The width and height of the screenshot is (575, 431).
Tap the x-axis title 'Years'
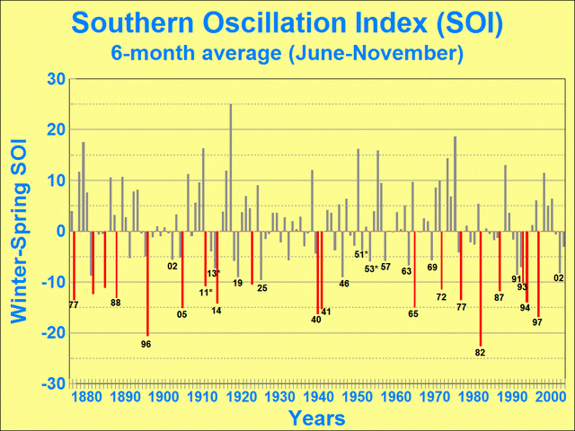click(x=316, y=418)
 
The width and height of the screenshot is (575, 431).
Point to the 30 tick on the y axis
click(x=53, y=79)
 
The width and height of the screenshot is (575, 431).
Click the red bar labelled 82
click(x=481, y=287)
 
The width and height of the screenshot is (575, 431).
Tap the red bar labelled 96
click(x=147, y=282)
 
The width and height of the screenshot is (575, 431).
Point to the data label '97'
click(x=536, y=321)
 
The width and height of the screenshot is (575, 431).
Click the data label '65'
click(x=413, y=313)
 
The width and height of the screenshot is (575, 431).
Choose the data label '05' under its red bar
click(x=181, y=313)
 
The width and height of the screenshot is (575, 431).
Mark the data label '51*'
click(x=361, y=254)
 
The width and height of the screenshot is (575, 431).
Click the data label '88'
click(x=116, y=303)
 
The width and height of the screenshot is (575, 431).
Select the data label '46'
click(x=344, y=284)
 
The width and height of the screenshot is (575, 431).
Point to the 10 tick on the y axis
click(x=53, y=180)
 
